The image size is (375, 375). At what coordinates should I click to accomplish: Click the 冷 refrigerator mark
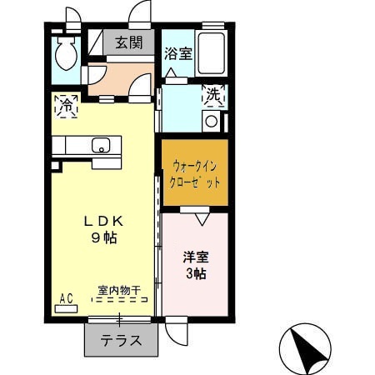(66, 105)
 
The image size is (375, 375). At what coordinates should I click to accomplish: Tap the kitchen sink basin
(101, 146)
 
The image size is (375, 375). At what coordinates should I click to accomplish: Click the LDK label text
(103, 222)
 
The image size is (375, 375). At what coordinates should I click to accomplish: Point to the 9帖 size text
(104, 237)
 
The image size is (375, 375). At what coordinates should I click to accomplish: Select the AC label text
(66, 297)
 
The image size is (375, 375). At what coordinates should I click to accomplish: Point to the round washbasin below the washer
(211, 121)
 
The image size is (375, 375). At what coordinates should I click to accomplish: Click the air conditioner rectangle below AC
(66, 307)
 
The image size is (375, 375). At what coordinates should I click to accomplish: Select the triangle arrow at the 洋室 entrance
(200, 219)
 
